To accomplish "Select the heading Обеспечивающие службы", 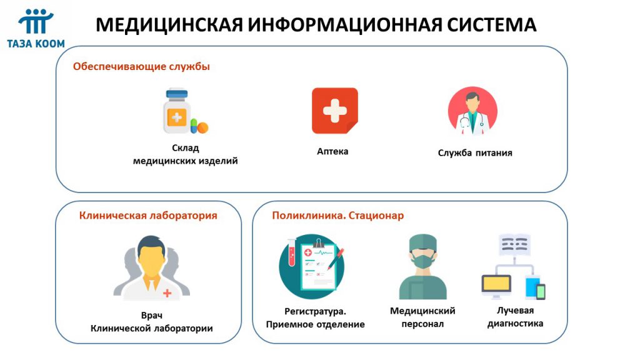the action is click(x=141, y=66).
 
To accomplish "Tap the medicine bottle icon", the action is click(x=176, y=111).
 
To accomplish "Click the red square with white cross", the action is click(x=335, y=111).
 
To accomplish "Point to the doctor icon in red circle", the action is click(x=472, y=111).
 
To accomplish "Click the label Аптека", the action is click(x=332, y=151).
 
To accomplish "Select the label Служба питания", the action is click(x=475, y=153).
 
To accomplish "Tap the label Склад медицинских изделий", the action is click(x=185, y=154).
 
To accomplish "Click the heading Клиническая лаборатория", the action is click(x=148, y=216).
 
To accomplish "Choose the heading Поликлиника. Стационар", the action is click(x=338, y=216).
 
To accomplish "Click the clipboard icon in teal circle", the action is click(x=312, y=266).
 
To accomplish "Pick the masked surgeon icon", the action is click(x=423, y=266).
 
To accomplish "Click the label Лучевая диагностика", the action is click(x=515, y=317).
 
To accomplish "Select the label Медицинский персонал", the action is click(x=422, y=317).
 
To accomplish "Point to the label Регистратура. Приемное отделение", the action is click(x=315, y=318).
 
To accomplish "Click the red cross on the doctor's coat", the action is click(x=167, y=293).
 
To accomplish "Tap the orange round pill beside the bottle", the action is click(x=202, y=127).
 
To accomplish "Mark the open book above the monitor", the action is click(x=515, y=244).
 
